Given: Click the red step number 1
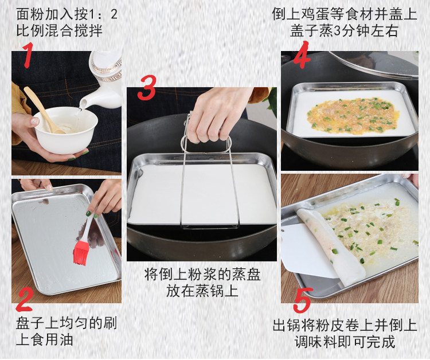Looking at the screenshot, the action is (28, 55).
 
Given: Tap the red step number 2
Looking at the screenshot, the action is (25, 299).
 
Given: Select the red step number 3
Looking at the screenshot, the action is (147, 88).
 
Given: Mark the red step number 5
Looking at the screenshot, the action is (303, 300).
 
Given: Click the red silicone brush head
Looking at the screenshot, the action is (81, 253).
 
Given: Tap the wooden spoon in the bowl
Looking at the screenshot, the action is (44, 110).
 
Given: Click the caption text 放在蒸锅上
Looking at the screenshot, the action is (202, 291).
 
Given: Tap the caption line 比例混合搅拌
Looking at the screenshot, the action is (59, 30).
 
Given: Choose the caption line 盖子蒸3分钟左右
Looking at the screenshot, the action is (344, 31).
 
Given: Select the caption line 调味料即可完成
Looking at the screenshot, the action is (345, 342).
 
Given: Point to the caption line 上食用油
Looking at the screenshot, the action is (44, 340).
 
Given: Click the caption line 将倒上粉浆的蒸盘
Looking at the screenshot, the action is (202, 275).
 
